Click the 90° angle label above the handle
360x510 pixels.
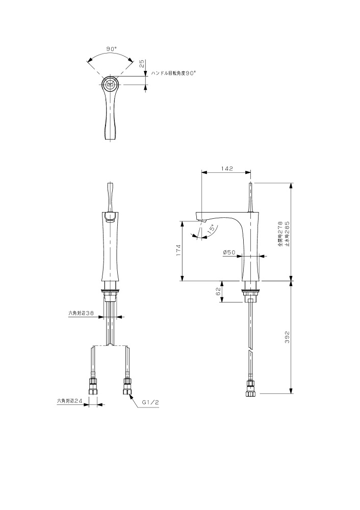pyautogui.click(x=111, y=48)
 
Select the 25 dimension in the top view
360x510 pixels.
pyautogui.click(x=141, y=63)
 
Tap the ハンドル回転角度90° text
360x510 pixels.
pyautogui.click(x=173, y=73)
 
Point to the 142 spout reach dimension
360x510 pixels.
pyautogui.click(x=227, y=168)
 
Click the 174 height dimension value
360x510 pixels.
pyautogui.click(x=178, y=250)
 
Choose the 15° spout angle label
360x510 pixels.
pyautogui.click(x=211, y=228)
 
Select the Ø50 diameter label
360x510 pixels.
pyautogui.click(x=229, y=252)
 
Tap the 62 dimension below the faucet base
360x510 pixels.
pyautogui.click(x=219, y=291)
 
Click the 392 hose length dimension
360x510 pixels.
pyautogui.click(x=287, y=337)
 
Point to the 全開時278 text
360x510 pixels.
pyautogui.click(x=280, y=234)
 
